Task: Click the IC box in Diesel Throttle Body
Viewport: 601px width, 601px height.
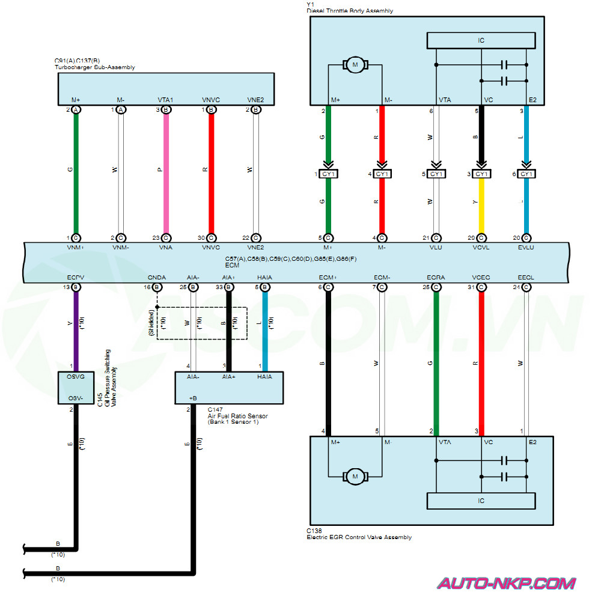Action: [481, 41]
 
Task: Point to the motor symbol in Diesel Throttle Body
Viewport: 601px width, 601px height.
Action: [355, 64]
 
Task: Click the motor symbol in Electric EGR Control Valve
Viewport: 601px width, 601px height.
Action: [355, 477]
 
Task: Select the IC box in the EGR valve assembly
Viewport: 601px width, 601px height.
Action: [481, 501]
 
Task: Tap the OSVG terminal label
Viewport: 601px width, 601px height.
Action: [72, 377]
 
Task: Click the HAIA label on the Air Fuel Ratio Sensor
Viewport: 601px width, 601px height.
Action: [264, 377]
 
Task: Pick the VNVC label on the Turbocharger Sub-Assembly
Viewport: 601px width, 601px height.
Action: [211, 100]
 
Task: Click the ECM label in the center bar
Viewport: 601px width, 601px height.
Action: [233, 264]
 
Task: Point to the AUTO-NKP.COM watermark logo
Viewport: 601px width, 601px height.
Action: [506, 583]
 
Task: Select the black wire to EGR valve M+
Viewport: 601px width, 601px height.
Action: [328, 361]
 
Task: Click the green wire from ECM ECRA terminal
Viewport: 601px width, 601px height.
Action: [436, 361]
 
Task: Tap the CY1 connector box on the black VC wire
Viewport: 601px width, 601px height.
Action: [481, 174]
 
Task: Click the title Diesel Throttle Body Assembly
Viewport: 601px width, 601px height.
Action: [350, 11]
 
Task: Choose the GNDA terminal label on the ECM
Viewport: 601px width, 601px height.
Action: [157, 278]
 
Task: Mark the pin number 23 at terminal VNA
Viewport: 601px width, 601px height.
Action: [157, 238]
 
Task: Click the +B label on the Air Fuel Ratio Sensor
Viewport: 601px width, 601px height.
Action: [193, 397]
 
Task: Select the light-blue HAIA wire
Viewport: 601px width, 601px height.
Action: [264, 331]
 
